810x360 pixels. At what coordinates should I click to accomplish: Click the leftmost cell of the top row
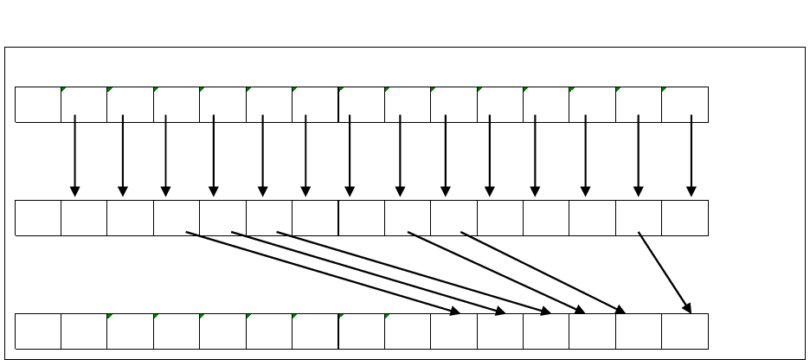[38, 105]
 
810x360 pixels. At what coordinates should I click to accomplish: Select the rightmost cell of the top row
[685, 105]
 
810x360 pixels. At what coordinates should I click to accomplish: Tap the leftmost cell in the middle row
[38, 218]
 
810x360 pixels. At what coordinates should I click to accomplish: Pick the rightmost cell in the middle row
[685, 218]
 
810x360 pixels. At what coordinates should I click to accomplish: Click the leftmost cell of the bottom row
[38, 331]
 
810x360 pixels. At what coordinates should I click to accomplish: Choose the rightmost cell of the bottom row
[685, 331]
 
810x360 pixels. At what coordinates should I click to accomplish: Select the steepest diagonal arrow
[665, 272]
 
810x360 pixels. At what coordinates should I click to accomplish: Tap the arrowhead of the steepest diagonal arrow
[689, 309]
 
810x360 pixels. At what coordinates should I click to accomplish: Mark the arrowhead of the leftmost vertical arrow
[75, 191]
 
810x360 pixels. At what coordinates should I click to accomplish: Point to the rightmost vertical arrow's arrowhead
[691, 191]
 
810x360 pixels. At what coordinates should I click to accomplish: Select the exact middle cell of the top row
[362, 105]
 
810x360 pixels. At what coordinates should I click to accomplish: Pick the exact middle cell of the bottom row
[362, 331]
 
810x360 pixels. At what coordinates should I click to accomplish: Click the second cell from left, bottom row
[84, 331]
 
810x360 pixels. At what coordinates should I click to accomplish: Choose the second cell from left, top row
[84, 105]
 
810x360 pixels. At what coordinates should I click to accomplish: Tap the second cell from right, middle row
[639, 218]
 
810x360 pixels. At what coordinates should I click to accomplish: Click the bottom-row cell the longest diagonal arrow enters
[453, 331]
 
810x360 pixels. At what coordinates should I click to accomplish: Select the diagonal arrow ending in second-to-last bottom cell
[543, 272]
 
